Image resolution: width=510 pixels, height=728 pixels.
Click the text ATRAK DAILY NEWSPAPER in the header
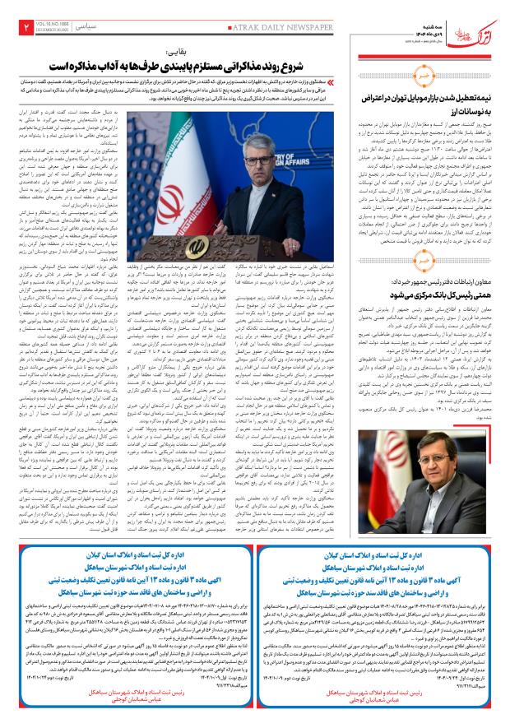[304, 26]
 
